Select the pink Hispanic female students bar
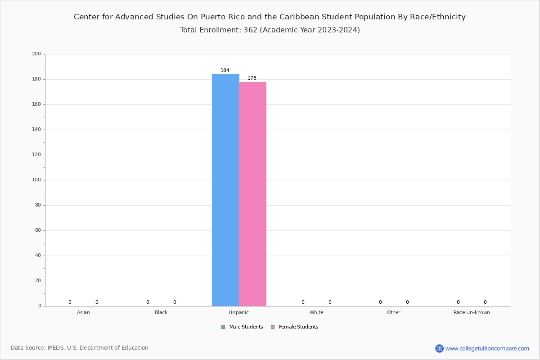click(x=252, y=193)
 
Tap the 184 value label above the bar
click(x=225, y=71)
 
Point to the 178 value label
click(x=252, y=78)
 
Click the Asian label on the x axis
click(x=83, y=312)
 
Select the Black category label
click(x=161, y=312)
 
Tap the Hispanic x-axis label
click(x=238, y=312)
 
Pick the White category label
click(x=316, y=312)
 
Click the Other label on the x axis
click(x=393, y=312)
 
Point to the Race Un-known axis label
click(x=472, y=312)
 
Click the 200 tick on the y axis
click(x=36, y=54)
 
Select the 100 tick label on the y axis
click(x=36, y=180)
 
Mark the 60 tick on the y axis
click(x=38, y=230)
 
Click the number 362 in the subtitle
click(x=250, y=30)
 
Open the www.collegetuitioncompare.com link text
click(x=487, y=348)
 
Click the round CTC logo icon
click(x=439, y=348)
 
